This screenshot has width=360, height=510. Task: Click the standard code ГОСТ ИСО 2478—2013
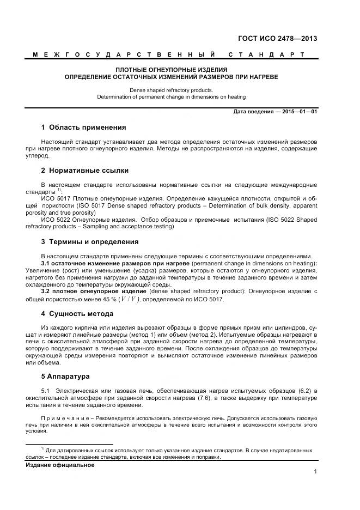tap(277, 39)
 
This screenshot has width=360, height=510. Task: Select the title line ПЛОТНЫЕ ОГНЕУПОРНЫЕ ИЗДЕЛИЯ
tap(171, 70)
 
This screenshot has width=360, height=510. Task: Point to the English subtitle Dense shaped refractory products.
tap(171, 90)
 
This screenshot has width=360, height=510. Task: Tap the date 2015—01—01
tap(298, 112)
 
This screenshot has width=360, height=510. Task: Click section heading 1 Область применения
tap(83, 127)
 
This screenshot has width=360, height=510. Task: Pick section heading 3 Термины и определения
tap(89, 241)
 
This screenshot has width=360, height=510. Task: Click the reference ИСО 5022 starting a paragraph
tap(53, 220)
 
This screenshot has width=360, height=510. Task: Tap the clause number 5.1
tap(46, 391)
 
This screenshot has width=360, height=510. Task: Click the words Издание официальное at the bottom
tap(60, 465)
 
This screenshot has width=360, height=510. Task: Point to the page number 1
tap(315, 472)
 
